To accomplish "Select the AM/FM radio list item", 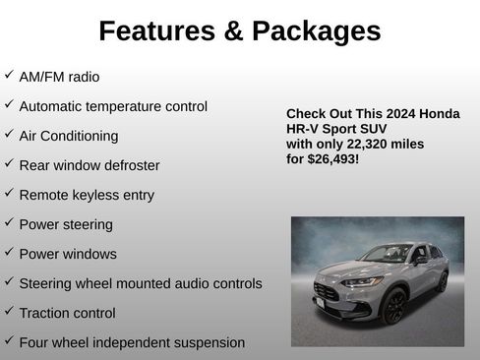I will [59, 77].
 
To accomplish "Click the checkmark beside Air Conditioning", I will [9, 134].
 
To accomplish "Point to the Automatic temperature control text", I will [113, 106].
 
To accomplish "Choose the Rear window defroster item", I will [90, 165].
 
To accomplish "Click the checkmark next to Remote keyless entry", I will [9, 193].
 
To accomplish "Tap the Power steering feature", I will [66, 224].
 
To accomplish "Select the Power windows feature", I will [68, 254].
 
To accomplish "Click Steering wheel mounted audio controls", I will [141, 283].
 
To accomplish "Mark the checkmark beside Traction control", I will [9, 311].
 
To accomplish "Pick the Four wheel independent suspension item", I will [132, 342].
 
